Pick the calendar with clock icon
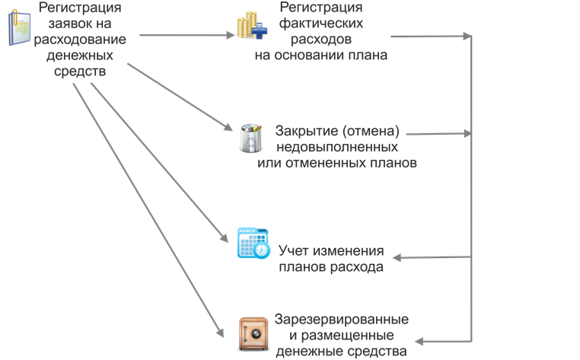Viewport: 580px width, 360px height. click(253, 243)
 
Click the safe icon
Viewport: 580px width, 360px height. click(251, 333)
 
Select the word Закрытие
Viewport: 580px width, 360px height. click(308, 129)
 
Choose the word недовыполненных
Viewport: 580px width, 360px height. click(336, 145)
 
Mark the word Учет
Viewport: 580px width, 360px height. click(295, 251)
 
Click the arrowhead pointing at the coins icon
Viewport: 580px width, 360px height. click(232, 35)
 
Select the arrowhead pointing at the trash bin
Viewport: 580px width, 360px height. click(226, 128)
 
